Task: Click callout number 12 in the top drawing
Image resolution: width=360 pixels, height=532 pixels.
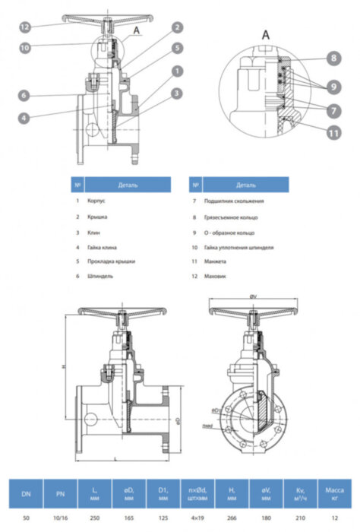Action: pyautogui.click(x=25, y=27)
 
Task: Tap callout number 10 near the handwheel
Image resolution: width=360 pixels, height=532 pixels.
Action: pyautogui.click(x=25, y=48)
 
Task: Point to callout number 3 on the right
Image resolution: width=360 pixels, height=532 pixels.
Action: pyautogui.click(x=175, y=93)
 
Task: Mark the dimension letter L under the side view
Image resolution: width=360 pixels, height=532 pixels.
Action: pyautogui.click(x=114, y=461)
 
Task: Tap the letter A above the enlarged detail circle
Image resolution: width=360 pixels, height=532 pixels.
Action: pyautogui.click(x=265, y=34)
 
